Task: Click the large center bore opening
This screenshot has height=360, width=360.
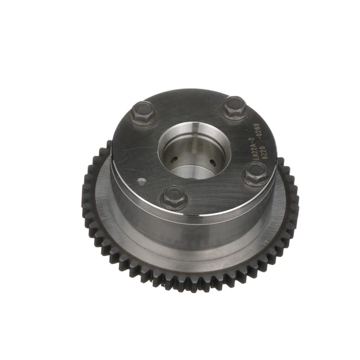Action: pyautogui.click(x=193, y=150)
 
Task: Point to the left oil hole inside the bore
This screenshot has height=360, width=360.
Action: pyautogui.click(x=172, y=160)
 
